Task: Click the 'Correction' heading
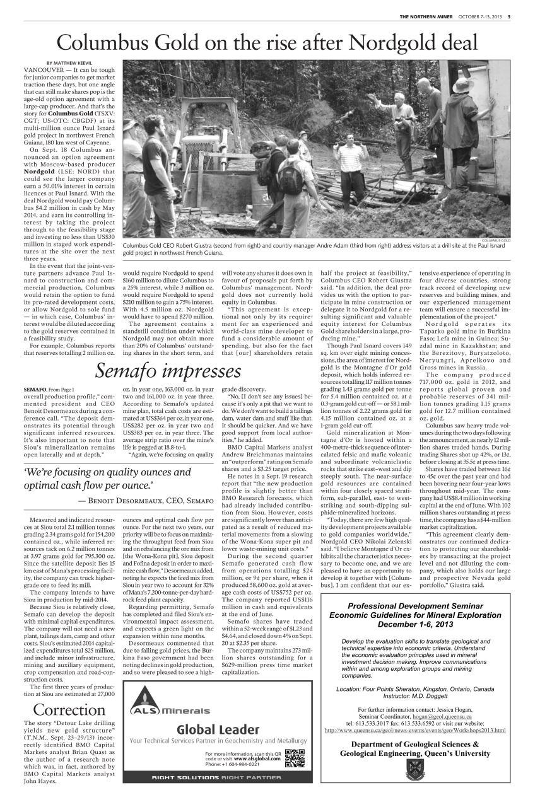point(69,709)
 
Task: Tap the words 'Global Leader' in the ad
point(218,729)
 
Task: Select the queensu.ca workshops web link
point(414,730)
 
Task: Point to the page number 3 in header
point(509,16)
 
